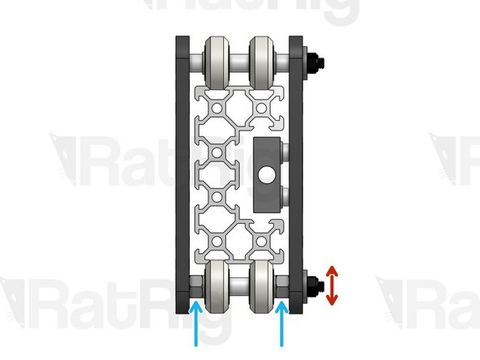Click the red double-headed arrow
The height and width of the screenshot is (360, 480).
click(331, 285)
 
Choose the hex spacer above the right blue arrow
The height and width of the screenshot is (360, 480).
click(282, 285)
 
